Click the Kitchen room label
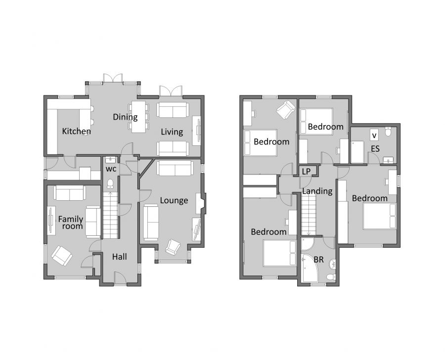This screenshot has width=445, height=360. (x=76, y=132)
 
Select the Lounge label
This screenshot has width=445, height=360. (x=174, y=200)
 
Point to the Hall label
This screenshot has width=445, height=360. (x=119, y=257)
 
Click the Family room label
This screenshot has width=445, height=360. (x=71, y=222)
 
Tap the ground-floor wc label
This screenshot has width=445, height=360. (x=111, y=169)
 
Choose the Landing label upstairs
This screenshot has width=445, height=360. (x=317, y=191)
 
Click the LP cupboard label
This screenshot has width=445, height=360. (x=307, y=171)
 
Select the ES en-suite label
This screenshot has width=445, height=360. (x=375, y=148)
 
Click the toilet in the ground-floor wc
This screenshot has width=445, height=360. (x=111, y=184)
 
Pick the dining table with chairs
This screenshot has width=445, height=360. (x=139, y=116)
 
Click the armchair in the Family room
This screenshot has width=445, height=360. (x=62, y=255)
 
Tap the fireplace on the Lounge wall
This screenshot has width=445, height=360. (x=200, y=203)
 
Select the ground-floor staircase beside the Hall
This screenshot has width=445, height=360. (x=111, y=215)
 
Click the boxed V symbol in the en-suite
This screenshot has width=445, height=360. (x=374, y=135)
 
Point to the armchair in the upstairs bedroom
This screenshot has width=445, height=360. (x=285, y=110)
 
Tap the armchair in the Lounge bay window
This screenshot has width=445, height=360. (x=173, y=246)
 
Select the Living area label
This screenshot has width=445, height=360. (x=172, y=132)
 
